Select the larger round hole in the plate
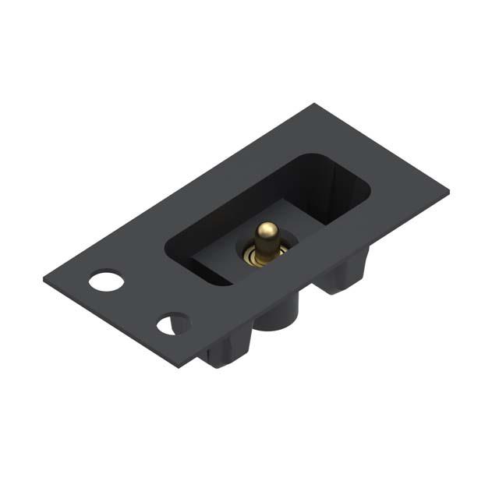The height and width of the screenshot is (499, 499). point(106,280)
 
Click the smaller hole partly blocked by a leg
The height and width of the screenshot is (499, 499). point(169,324)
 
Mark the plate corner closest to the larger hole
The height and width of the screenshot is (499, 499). point(45,274)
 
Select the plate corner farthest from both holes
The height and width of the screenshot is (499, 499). point(448,189)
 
